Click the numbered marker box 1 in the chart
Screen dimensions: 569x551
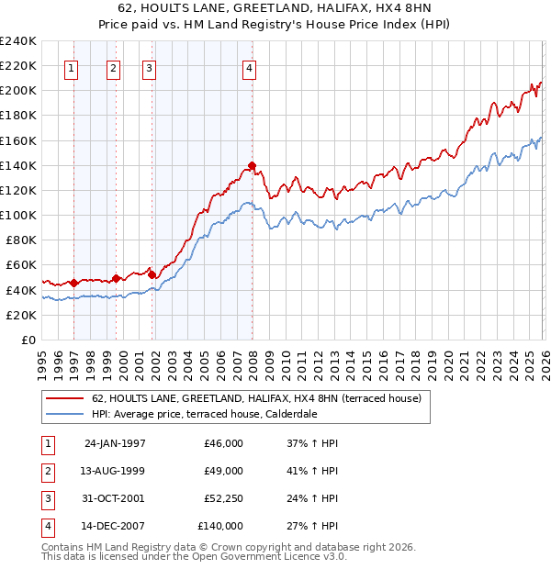click(x=73, y=67)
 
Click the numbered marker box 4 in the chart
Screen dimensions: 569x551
click(x=250, y=67)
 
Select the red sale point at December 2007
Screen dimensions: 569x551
click(x=251, y=165)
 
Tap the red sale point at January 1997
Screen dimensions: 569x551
click(x=74, y=283)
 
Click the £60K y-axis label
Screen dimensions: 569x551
click(x=22, y=264)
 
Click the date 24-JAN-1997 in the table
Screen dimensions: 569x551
click(x=114, y=443)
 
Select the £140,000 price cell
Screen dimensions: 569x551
click(x=220, y=526)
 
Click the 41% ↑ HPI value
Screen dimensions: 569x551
click(x=312, y=471)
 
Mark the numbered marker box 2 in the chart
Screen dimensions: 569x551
click(x=113, y=67)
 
